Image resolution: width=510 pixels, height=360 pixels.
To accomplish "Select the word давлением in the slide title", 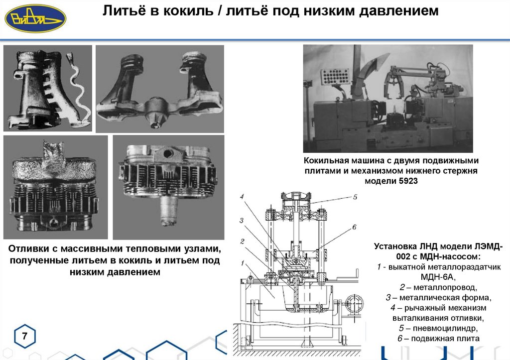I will (x=395, y=11).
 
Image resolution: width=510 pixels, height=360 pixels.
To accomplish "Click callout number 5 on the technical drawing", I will (x=355, y=197).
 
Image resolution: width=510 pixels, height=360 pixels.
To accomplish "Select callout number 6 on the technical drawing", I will (x=354, y=227).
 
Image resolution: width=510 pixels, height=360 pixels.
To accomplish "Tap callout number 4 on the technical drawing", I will (x=242, y=197).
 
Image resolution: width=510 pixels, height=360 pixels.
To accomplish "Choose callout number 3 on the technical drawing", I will (x=241, y=220).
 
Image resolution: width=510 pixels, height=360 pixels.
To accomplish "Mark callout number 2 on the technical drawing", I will (x=241, y=241).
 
